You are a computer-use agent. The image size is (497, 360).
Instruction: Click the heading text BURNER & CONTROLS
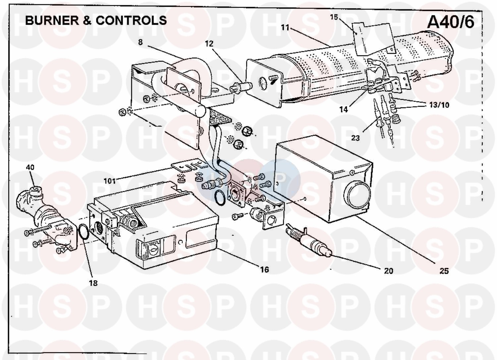click(96, 21)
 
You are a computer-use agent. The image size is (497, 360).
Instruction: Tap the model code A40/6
click(451, 22)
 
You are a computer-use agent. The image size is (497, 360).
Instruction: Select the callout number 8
click(140, 42)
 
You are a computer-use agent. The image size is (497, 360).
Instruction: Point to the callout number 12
click(209, 43)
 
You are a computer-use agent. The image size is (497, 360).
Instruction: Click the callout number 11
click(285, 28)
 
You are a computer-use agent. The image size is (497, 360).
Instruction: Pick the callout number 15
click(334, 17)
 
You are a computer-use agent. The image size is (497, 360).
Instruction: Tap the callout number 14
click(344, 109)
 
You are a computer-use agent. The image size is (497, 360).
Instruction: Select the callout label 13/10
click(439, 104)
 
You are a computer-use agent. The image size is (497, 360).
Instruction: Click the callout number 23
click(356, 138)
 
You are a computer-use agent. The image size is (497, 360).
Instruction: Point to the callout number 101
click(110, 181)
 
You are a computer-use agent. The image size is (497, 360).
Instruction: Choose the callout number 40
click(30, 167)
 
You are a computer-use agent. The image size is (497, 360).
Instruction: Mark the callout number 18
click(93, 283)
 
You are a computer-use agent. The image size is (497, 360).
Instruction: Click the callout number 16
click(264, 270)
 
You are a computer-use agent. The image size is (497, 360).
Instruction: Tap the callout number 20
click(388, 270)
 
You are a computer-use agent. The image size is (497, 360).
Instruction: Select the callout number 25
click(444, 271)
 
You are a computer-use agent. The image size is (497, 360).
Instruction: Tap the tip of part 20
click(331, 253)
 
